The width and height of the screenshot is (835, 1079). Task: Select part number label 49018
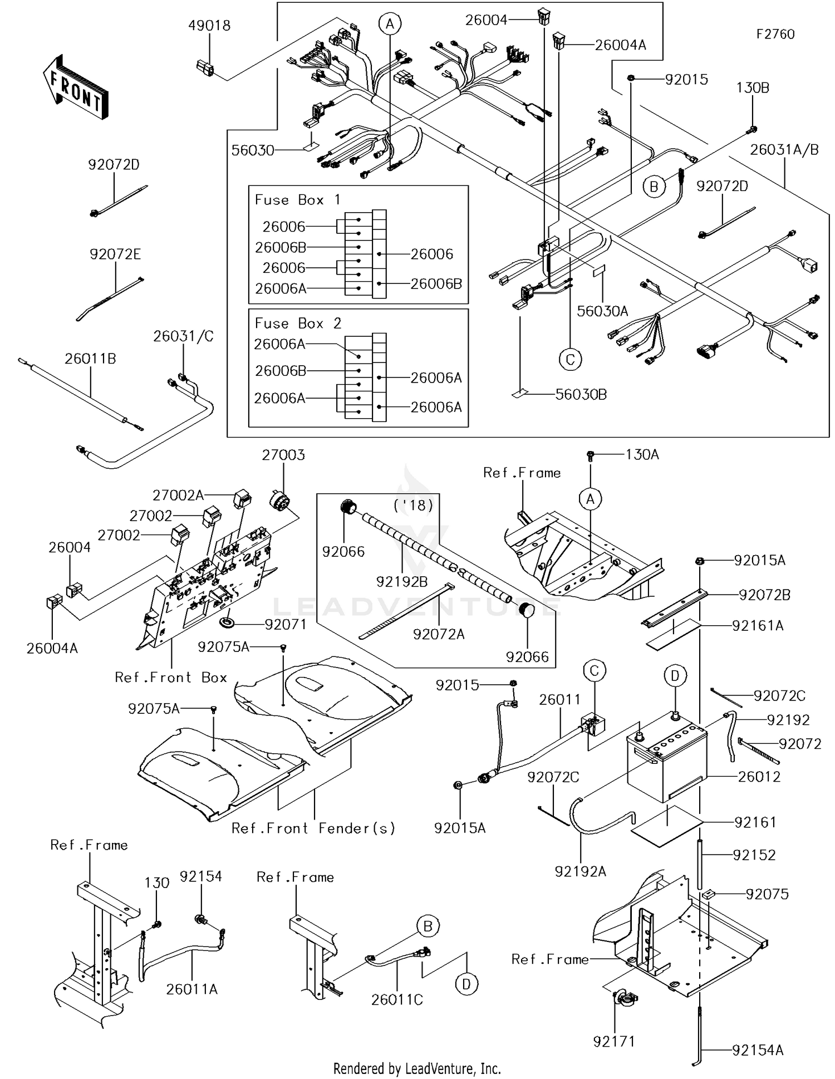209,26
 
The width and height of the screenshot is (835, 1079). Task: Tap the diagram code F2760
775,35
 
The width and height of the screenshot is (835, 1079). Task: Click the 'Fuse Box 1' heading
297,200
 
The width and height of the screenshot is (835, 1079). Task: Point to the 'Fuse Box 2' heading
298,323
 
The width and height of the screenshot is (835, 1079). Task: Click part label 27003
283,455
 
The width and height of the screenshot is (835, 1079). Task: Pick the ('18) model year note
413,506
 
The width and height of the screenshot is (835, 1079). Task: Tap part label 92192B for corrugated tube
402,582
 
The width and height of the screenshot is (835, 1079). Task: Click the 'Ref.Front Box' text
171,678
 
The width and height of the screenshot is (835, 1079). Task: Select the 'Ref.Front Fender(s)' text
313,828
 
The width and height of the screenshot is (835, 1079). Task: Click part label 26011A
191,989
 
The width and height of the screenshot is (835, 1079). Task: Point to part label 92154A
758,1050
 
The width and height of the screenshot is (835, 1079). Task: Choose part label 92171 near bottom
614,1041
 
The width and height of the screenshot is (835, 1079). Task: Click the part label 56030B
581,395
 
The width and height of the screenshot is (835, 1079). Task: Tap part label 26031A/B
784,150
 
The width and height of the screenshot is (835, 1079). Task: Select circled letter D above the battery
675,676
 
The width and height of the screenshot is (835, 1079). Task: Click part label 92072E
115,254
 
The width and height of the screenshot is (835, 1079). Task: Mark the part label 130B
753,88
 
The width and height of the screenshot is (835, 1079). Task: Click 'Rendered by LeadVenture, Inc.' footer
417,1068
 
